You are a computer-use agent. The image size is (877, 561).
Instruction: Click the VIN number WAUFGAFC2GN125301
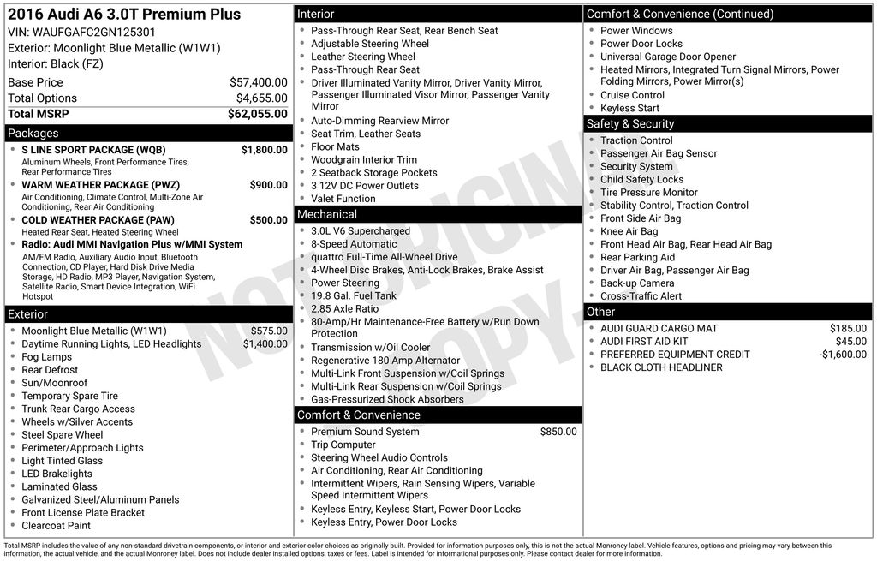pos(94,32)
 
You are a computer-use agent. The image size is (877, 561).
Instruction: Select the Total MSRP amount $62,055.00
pos(257,114)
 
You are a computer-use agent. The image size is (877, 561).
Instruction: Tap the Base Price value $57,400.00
pos(258,82)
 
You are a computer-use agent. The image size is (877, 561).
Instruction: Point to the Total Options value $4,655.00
pos(261,98)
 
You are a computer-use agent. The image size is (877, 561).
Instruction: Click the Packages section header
pos(33,134)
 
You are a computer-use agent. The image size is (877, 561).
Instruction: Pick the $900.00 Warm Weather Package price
pos(268,185)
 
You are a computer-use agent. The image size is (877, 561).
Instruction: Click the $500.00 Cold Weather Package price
pos(268,220)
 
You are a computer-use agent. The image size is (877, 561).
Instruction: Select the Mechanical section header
pos(326,214)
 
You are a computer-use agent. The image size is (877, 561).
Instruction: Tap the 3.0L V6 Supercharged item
pos(361,231)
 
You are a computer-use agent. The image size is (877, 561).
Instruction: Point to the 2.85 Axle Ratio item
pos(344,309)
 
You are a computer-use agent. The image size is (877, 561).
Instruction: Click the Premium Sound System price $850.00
pos(558,433)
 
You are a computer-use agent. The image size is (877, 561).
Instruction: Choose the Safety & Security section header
pos(630,124)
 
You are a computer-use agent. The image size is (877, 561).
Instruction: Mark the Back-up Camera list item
pos(637,283)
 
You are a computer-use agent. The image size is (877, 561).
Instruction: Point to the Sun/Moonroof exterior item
pos(55,384)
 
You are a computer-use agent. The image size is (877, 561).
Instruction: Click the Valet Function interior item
pos(343,199)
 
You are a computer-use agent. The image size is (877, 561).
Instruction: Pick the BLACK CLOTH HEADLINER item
pos(661,367)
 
